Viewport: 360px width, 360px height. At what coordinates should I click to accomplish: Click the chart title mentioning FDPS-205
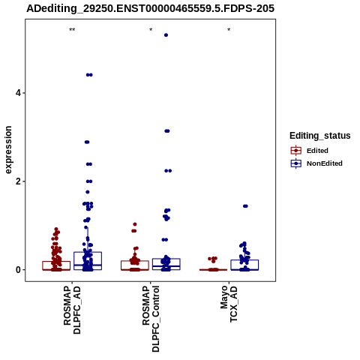point(150,8)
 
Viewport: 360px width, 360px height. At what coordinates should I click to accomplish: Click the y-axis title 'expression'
point(8,150)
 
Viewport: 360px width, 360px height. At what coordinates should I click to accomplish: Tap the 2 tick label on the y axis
point(18,181)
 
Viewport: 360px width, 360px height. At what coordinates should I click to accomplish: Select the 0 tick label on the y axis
point(18,270)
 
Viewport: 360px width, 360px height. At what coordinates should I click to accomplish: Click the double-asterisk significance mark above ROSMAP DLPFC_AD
point(72,30)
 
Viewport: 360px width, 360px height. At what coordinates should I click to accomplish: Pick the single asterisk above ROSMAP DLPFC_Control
point(151,30)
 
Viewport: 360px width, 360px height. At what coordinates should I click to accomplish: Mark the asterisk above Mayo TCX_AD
point(229,30)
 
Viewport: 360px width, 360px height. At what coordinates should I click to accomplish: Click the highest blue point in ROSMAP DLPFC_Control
point(166,35)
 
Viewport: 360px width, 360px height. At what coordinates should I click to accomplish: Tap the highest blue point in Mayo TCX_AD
point(245,206)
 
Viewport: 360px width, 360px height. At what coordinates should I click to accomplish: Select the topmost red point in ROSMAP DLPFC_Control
point(135,224)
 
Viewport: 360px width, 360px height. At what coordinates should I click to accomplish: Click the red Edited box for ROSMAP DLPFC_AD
point(56,265)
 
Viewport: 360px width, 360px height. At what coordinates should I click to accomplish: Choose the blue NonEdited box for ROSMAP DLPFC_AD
point(88,261)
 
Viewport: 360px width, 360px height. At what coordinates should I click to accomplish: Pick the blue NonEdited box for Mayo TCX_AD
point(244,265)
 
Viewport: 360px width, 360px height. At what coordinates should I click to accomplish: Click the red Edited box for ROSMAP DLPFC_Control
point(135,265)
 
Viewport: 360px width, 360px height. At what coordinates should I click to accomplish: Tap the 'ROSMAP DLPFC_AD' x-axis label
point(72,310)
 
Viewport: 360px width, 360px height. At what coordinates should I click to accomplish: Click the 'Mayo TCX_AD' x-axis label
point(229,304)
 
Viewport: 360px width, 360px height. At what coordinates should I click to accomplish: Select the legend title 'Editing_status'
point(320,136)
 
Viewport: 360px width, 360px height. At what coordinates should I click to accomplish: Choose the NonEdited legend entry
point(316,163)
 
